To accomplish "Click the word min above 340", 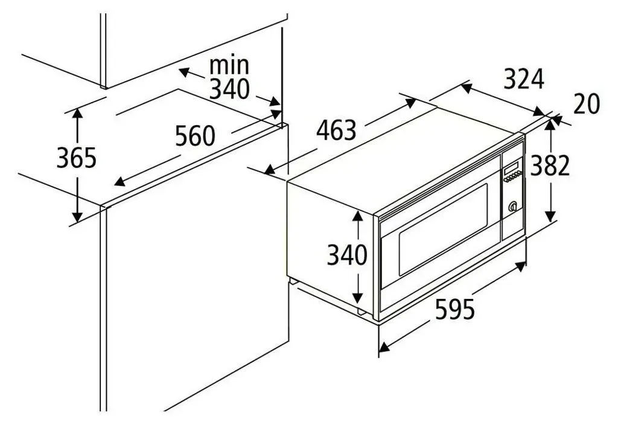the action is [x=229, y=65].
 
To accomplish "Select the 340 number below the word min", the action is [x=229, y=89].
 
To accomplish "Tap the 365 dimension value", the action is [x=77, y=158].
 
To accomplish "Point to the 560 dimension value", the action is [x=195, y=136].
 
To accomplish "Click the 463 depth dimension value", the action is [x=336, y=130].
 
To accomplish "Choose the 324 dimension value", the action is [x=524, y=79].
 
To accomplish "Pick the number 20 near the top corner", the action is [x=587, y=104].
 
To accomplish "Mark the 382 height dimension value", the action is [x=550, y=165].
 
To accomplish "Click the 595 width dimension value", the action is [x=455, y=309].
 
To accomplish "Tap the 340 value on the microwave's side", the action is [x=347, y=255].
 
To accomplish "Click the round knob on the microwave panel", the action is [x=512, y=207].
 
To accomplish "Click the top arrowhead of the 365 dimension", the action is [x=78, y=113].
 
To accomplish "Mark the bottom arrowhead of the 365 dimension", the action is [x=78, y=217].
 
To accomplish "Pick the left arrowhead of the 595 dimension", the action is [x=384, y=347].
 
